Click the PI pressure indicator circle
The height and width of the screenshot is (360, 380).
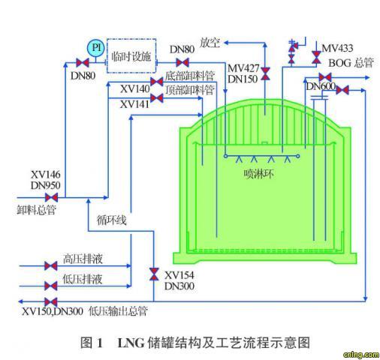(95, 48)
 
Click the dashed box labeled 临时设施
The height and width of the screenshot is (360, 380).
(131, 55)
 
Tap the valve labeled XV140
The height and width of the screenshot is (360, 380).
(157, 82)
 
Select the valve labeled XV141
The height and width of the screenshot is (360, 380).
(157, 98)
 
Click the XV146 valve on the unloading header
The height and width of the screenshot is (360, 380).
(52, 197)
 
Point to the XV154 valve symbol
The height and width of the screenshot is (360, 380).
(154, 274)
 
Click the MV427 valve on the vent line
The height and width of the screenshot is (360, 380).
(265, 73)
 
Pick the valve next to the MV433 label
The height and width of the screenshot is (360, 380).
(316, 57)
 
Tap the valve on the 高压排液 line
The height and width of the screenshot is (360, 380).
(51, 265)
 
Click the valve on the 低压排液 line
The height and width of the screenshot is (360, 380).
(51, 286)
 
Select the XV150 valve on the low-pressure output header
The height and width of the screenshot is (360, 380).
(51, 301)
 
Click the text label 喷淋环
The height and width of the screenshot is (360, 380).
(258, 174)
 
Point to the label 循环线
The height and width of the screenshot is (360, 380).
(112, 220)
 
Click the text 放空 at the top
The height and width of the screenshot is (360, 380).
(210, 43)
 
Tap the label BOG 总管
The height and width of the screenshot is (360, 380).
(351, 63)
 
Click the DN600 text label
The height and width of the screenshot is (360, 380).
(321, 86)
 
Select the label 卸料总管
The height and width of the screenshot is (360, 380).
(36, 210)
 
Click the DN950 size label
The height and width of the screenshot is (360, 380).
(46, 185)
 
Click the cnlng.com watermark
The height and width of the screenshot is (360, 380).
(361, 355)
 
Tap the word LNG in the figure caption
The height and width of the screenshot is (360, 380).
(131, 343)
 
